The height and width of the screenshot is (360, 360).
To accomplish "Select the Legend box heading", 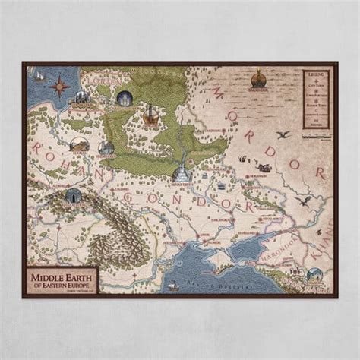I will [314, 74].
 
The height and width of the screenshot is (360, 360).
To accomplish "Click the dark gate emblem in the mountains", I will [72, 195].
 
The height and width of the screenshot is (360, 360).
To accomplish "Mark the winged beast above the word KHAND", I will [304, 201].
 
